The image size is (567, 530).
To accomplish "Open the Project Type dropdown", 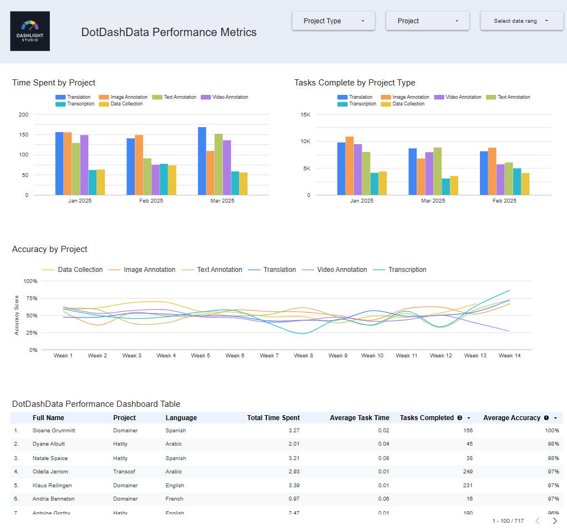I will [x=333, y=21].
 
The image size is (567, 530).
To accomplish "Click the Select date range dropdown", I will [x=522, y=21].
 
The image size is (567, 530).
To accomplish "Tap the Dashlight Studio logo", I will [x=30, y=31].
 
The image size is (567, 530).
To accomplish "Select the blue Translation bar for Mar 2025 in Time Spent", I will [x=202, y=161].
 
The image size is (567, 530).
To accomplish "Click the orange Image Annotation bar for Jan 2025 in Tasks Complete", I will [x=350, y=165].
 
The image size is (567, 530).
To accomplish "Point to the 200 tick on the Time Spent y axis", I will [x=23, y=115].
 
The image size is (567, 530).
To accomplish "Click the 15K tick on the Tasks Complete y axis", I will [x=305, y=115].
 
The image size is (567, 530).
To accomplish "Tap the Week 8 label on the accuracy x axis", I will [x=303, y=356].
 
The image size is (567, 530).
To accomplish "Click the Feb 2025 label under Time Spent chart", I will [x=151, y=201].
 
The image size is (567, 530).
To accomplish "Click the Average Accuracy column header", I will [x=512, y=418].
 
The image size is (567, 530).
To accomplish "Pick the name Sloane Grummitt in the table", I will [x=54, y=431].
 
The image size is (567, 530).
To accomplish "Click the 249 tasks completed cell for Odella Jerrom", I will [x=467, y=472].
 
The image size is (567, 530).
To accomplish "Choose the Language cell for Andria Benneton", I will [x=175, y=499].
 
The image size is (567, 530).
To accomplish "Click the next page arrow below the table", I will [x=555, y=521].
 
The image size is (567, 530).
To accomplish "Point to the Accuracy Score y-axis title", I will [x=17, y=315].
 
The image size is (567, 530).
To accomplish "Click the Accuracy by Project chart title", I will [x=50, y=249].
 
